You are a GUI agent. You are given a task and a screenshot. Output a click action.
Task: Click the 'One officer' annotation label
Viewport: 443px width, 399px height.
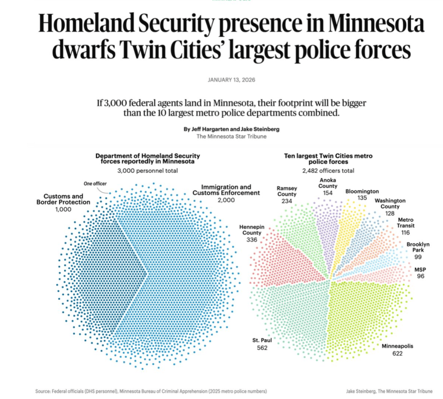pos(95,184)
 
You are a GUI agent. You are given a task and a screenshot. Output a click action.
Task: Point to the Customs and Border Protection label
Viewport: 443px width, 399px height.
pos(63,199)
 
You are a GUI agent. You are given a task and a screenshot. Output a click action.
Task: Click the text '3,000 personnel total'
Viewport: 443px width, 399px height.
pos(148,171)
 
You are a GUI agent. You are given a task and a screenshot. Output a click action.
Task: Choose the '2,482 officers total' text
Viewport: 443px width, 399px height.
pos(328,171)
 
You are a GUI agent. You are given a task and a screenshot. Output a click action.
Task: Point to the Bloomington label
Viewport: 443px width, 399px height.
pos(362,191)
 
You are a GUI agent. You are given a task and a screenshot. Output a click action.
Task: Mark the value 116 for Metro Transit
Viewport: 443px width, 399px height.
pos(405,233)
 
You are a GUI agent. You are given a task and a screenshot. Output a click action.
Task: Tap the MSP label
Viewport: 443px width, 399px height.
pos(420,269)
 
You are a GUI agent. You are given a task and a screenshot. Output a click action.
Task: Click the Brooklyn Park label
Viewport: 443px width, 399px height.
pos(418,247)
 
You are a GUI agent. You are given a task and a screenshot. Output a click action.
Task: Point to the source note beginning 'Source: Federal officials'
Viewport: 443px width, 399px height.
pos(152,391)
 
